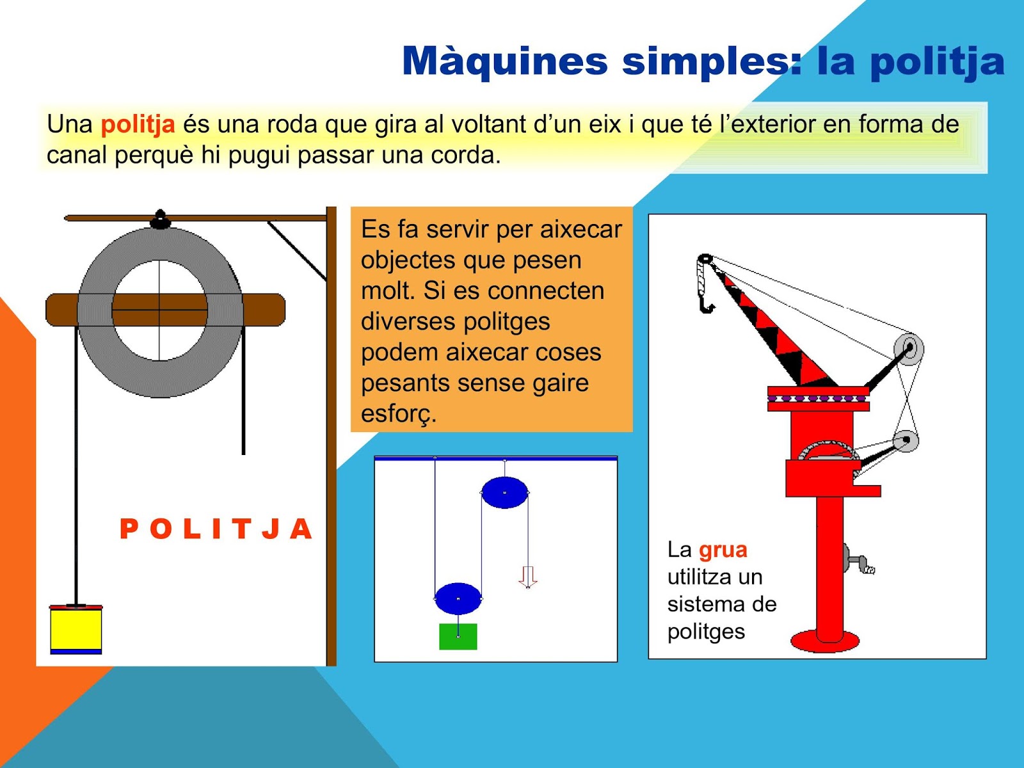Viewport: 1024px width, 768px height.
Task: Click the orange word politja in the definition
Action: tap(138, 125)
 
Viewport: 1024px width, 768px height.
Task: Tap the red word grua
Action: tap(723, 550)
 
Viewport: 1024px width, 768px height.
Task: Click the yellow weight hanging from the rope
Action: tap(76, 630)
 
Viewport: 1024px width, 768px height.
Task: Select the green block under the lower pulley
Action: tap(458, 637)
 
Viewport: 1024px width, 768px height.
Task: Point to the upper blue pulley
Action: tap(505, 492)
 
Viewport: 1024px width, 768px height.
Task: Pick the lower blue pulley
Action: tap(458, 598)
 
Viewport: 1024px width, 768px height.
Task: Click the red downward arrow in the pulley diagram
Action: tap(527, 577)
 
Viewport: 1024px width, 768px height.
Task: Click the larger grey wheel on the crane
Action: tap(908, 349)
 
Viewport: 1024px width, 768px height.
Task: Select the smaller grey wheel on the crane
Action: tap(906, 440)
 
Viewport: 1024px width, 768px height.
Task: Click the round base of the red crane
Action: tap(824, 642)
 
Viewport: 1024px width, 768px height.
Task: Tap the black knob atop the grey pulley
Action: tap(160, 219)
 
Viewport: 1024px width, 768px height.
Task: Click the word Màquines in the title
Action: tap(504, 61)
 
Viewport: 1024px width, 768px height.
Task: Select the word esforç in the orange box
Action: tap(399, 413)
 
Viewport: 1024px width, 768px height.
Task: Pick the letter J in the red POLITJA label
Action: tap(271, 529)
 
